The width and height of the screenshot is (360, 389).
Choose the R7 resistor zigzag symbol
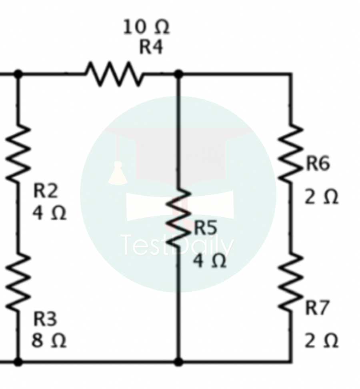(291, 282)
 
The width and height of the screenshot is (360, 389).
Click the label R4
(151, 47)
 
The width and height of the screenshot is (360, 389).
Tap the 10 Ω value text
(146, 27)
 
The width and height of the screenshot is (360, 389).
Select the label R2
(45, 191)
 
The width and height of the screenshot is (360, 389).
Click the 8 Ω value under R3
(49, 341)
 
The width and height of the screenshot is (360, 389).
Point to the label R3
(45, 319)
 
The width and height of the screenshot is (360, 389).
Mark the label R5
(206, 228)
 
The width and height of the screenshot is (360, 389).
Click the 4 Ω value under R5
(210, 261)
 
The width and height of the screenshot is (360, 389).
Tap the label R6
(318, 164)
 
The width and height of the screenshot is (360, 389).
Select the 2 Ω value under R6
(321, 197)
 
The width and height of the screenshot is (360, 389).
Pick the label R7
(318, 308)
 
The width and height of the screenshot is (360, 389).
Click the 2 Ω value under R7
(321, 341)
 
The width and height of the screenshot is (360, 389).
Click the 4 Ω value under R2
(49, 213)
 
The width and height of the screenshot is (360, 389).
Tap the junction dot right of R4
(179, 74)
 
